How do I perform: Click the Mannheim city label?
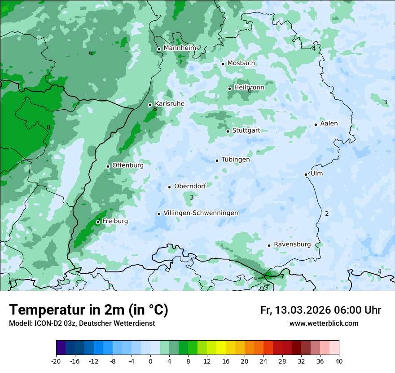point(180,48)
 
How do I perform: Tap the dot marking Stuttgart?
point(228,131)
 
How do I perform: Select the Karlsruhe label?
point(169,103)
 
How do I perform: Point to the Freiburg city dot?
point(98,222)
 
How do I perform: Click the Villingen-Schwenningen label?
point(201,213)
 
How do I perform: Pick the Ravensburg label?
point(292,244)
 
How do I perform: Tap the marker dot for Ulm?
point(306,174)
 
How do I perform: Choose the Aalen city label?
point(329,124)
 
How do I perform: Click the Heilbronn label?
point(249,88)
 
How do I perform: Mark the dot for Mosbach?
point(223,64)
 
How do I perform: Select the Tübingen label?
point(236,160)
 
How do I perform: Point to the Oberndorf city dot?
point(169,187)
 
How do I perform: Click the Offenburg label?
point(128,165)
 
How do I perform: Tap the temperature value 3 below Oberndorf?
point(192,197)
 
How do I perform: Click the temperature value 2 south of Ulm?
point(327,213)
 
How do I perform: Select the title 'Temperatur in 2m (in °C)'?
point(89,310)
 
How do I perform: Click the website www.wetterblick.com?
point(324,323)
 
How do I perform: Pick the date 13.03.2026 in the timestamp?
point(303,310)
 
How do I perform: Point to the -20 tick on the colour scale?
point(56,361)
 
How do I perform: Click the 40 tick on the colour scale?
point(339,361)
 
